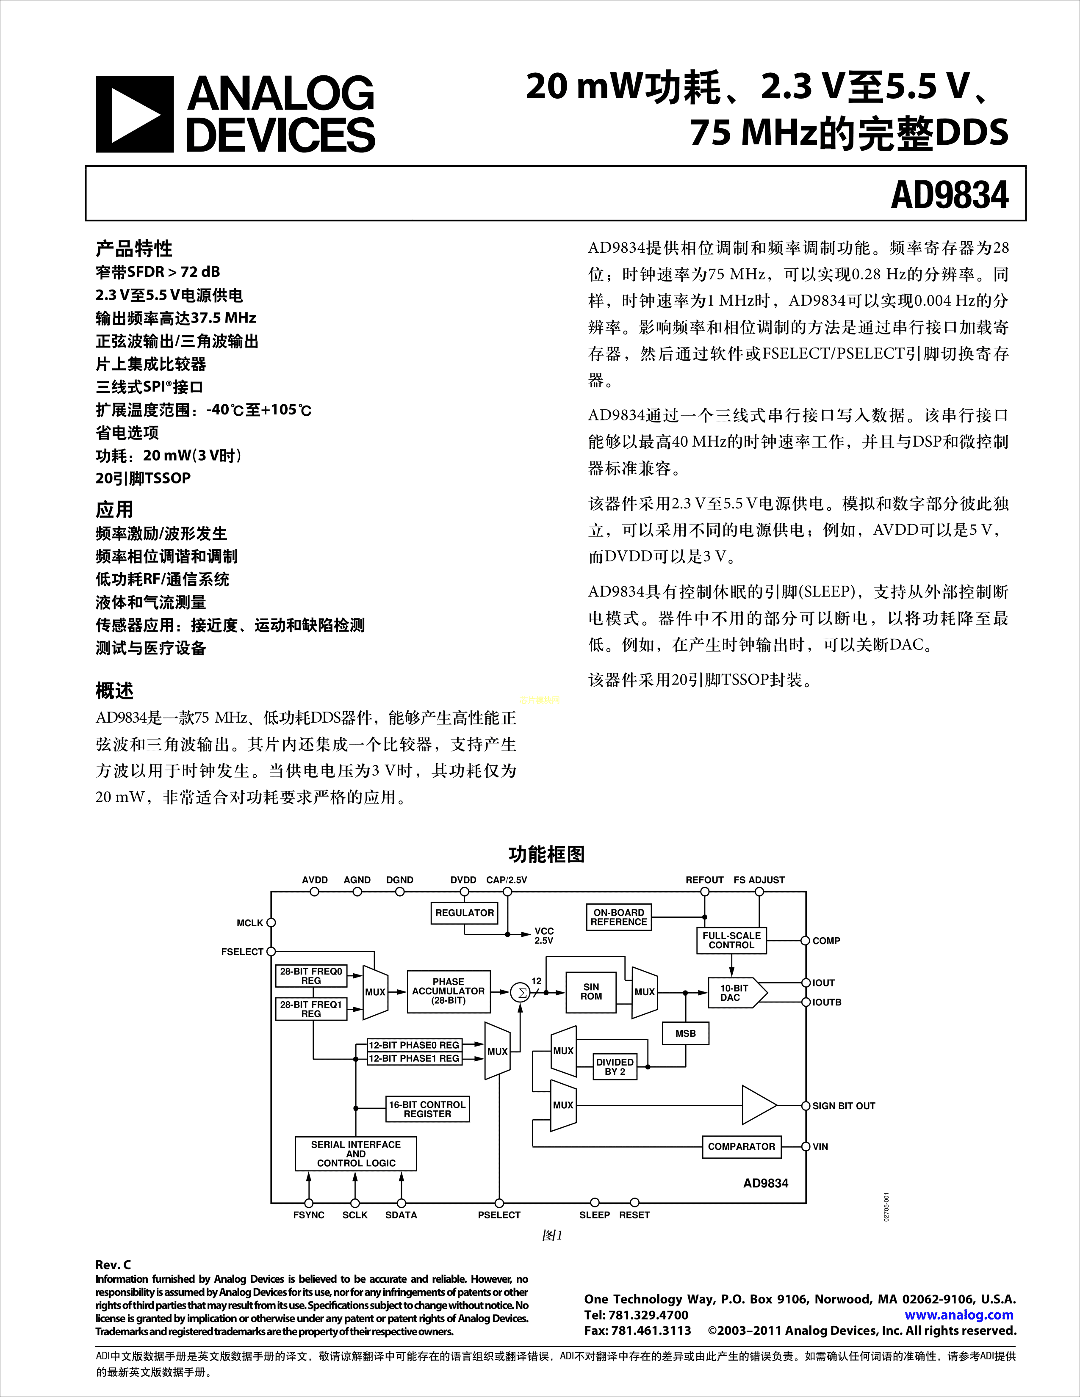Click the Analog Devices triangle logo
pyautogui.click(x=134, y=114)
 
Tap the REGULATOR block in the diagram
pyautogui.click(x=465, y=913)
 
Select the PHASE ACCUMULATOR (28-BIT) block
pyautogui.click(x=449, y=991)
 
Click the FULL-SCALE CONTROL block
pyautogui.click(x=731, y=940)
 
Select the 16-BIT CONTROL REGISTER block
pyautogui.click(x=427, y=1109)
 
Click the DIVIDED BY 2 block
pyautogui.click(x=615, y=1066)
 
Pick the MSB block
pyautogui.click(x=685, y=1033)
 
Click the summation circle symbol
pyautogui.click(x=521, y=993)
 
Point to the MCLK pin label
pyautogui.click(x=249, y=923)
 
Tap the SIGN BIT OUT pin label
pyautogui.click(x=843, y=1106)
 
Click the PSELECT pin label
pyautogui.click(x=499, y=1215)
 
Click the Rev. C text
pyautogui.click(x=113, y=1264)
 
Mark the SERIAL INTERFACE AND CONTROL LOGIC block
pyautogui.click(x=356, y=1153)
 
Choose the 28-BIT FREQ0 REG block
pyautogui.click(x=311, y=975)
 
